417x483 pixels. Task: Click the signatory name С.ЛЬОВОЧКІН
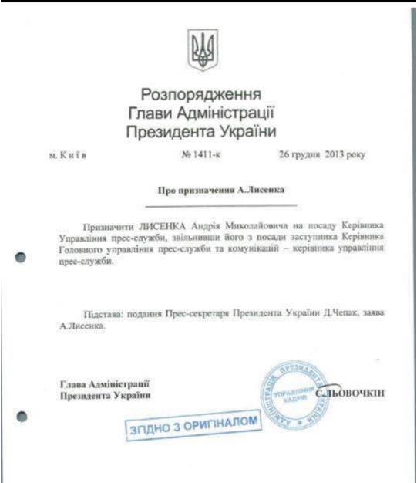click(351, 394)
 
